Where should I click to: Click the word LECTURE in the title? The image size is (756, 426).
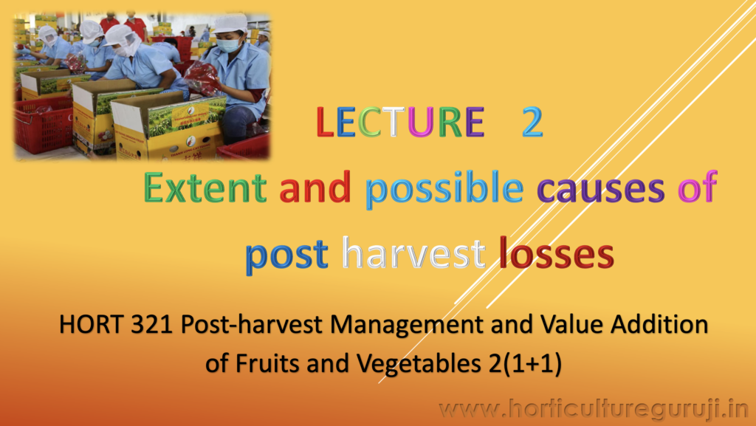pyautogui.click(x=400, y=122)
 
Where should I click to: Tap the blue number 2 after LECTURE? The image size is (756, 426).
pyautogui.click(x=532, y=122)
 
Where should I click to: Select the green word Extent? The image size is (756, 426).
pyautogui.click(x=205, y=187)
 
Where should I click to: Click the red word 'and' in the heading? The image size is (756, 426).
pyautogui.click(x=315, y=187)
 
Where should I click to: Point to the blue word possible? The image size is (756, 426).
pyautogui.click(x=444, y=190)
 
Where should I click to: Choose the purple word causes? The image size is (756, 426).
pyautogui.click(x=601, y=190)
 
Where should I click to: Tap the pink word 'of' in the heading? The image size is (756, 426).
pyautogui.click(x=697, y=187)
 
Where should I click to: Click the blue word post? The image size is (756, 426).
pyautogui.click(x=287, y=255)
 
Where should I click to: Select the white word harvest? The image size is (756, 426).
pyautogui.click(x=413, y=252)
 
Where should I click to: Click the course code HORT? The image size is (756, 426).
pyautogui.click(x=91, y=324)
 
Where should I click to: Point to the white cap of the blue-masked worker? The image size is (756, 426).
pyautogui.click(x=230, y=24)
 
